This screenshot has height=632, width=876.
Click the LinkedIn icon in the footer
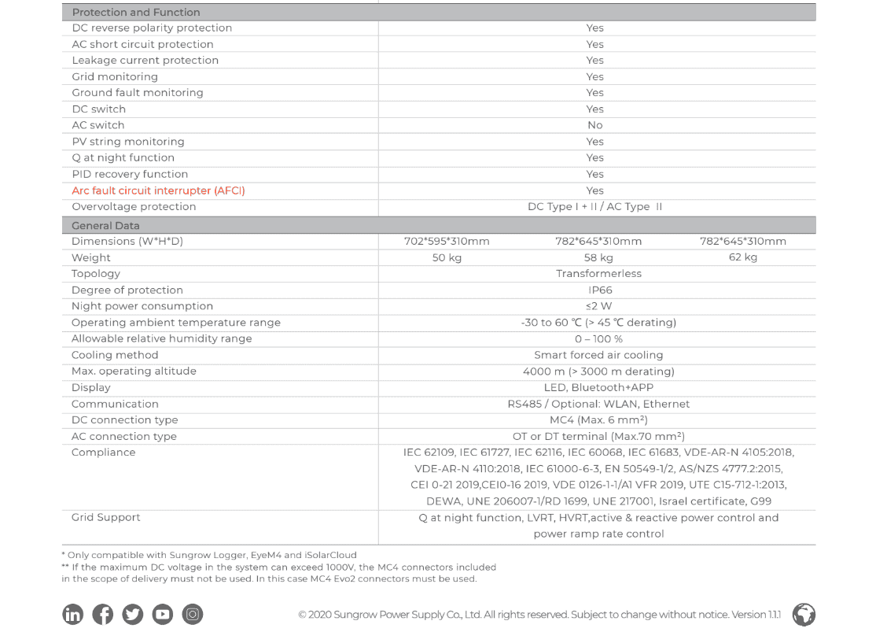(x=73, y=614)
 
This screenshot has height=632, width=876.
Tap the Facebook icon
(x=103, y=614)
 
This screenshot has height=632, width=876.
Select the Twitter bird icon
(x=133, y=614)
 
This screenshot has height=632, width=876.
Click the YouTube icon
(x=163, y=614)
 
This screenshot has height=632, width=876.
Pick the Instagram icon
(x=193, y=614)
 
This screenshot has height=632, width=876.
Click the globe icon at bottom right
(x=804, y=614)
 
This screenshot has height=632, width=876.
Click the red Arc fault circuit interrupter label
(x=158, y=190)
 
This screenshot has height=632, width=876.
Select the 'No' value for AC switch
(x=594, y=125)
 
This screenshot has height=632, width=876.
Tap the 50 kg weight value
(x=447, y=257)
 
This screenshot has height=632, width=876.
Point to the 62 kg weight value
(x=742, y=257)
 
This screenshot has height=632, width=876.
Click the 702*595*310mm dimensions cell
(x=447, y=241)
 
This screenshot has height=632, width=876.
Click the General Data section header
(x=105, y=225)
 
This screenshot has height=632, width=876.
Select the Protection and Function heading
(x=135, y=12)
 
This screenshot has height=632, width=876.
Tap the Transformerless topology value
(x=598, y=274)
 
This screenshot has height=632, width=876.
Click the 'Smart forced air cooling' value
(x=598, y=355)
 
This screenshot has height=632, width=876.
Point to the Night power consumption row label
(x=142, y=306)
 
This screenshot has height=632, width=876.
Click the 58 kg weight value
(x=598, y=257)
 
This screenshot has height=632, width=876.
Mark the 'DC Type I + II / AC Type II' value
(x=594, y=207)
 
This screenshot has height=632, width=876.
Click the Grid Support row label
(x=105, y=517)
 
